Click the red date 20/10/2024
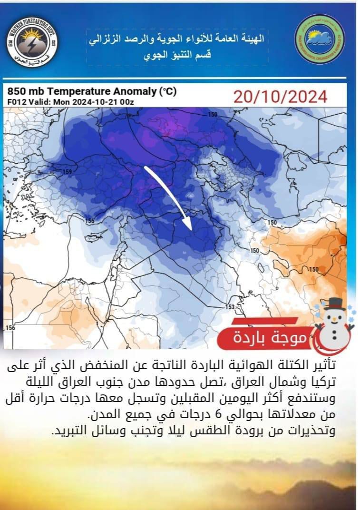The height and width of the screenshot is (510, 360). [280, 97]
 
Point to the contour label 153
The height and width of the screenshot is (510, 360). [230, 307]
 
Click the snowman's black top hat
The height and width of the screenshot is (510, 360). [335, 304]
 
